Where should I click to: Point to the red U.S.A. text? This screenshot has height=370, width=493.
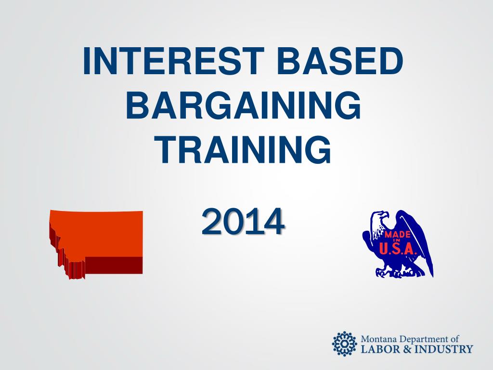(398, 249)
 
